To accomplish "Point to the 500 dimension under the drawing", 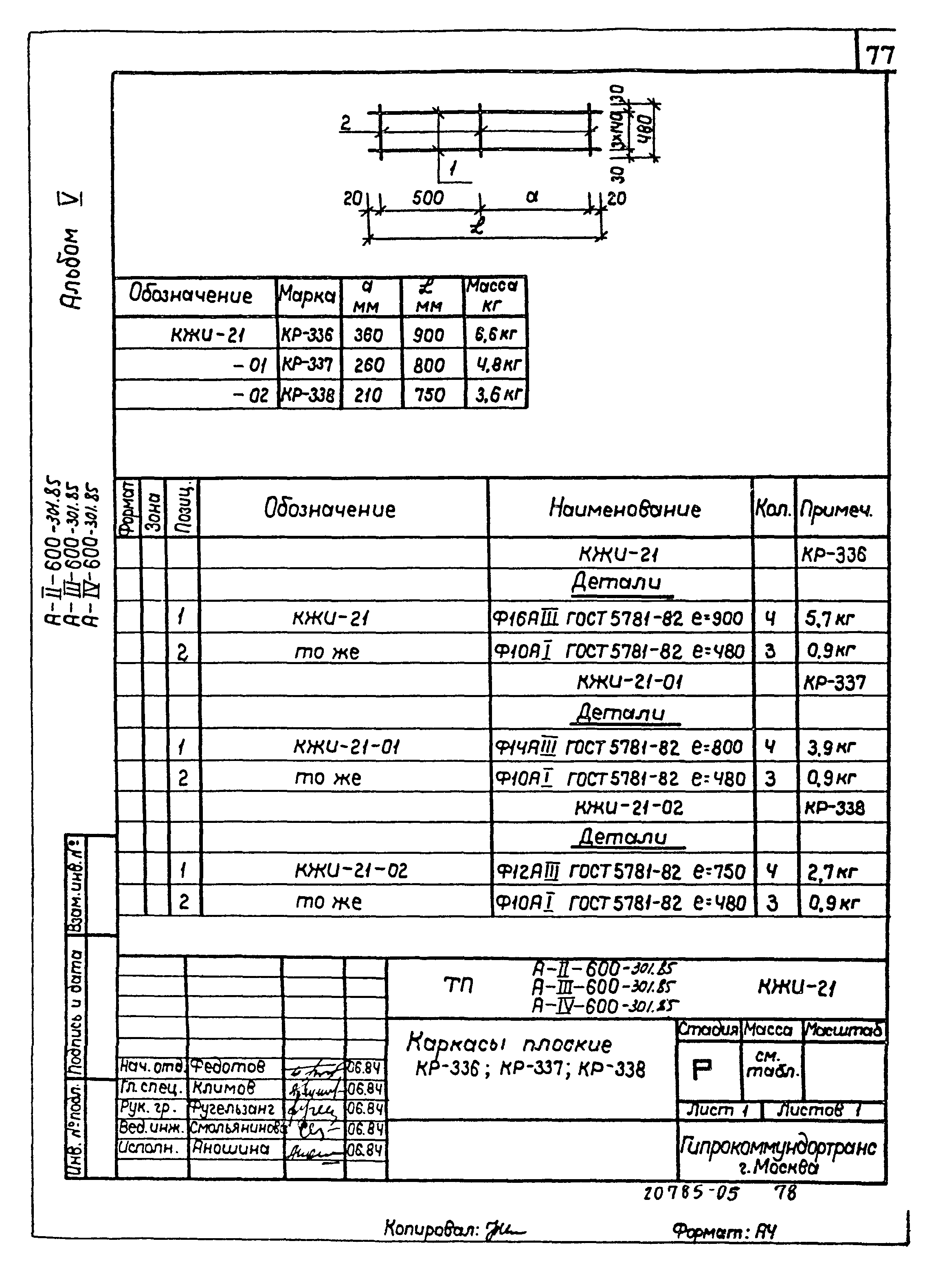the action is (428, 198).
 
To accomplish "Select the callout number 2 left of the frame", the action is (346, 123).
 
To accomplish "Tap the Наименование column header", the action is (624, 509).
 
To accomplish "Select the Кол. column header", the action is (772, 509).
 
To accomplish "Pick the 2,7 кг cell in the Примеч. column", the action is (832, 872).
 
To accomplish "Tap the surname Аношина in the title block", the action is (229, 1148).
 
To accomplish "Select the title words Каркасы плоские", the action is (509, 1043).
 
